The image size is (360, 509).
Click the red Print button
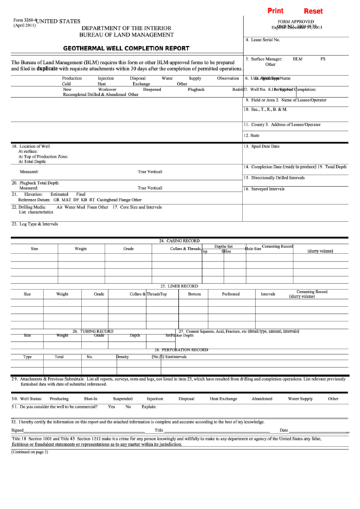pos(276,12)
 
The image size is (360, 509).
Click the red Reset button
pos(313,12)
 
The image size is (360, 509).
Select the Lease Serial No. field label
pos(267,40)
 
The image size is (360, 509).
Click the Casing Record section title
pos(179,241)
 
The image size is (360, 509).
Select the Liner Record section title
pos(179,285)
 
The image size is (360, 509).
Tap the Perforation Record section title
pos(179,349)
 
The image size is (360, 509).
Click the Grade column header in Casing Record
pos(128,249)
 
